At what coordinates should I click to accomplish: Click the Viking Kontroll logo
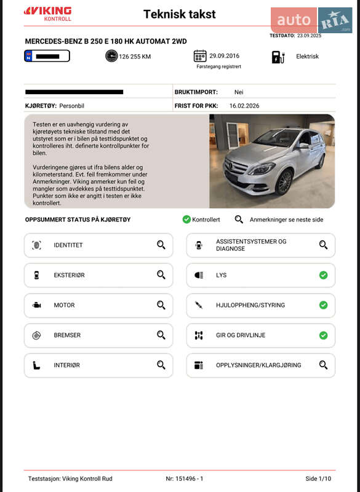[x=47, y=14]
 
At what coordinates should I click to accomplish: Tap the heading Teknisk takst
[x=179, y=14]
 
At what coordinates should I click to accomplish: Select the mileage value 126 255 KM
[x=135, y=57]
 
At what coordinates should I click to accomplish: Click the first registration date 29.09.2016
[x=224, y=55]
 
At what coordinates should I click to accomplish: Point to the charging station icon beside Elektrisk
[x=278, y=57]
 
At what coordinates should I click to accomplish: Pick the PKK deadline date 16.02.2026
[x=244, y=106]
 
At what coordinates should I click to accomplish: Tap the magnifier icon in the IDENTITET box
[x=161, y=245]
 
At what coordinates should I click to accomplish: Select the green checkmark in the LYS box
[x=323, y=275]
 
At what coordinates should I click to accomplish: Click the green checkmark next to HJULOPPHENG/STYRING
[x=323, y=305]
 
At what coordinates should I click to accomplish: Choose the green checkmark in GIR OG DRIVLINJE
[x=323, y=335]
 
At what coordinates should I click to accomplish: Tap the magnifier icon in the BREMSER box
[x=161, y=335]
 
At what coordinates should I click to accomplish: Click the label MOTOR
[x=64, y=305]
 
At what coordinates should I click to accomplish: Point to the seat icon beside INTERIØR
[x=36, y=365]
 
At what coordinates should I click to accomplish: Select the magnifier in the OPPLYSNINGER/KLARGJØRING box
[x=323, y=365]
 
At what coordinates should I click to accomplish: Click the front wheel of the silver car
[x=284, y=182]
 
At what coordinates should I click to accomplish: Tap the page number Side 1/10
[x=318, y=478]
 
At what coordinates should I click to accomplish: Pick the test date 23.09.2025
[x=309, y=36]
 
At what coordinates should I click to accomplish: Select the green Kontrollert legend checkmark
[x=186, y=219]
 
